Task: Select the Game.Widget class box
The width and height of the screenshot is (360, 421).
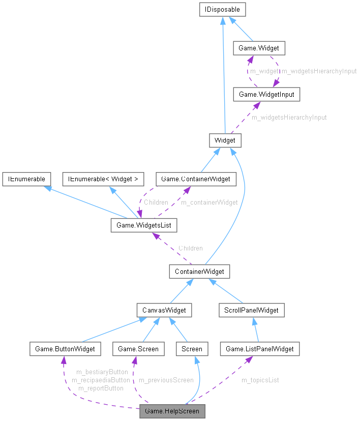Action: pos(259,48)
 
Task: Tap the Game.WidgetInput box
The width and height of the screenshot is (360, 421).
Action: pos(262,94)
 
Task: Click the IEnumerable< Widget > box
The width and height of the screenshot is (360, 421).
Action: pos(103,179)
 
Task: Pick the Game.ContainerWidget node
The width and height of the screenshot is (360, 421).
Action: pos(196,179)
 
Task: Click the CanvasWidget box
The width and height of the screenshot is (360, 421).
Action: pos(164,310)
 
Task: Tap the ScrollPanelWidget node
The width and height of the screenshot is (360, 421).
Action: pos(251,310)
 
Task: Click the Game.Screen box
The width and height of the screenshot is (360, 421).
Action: pos(138,349)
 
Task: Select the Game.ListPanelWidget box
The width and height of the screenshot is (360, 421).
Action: pos(260,349)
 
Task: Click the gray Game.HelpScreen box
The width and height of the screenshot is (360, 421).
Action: pos(172,411)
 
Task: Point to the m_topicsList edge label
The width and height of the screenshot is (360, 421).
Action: pos(260,380)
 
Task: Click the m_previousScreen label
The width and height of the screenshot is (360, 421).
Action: pos(166,380)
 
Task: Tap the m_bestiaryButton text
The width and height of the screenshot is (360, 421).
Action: pos(102,372)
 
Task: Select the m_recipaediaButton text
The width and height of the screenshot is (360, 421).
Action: pos(101,380)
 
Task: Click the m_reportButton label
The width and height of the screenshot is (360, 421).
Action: pos(101,388)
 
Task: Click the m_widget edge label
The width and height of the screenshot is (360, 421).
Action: pos(264,71)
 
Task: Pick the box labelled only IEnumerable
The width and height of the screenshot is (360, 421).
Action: pos(26,179)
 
